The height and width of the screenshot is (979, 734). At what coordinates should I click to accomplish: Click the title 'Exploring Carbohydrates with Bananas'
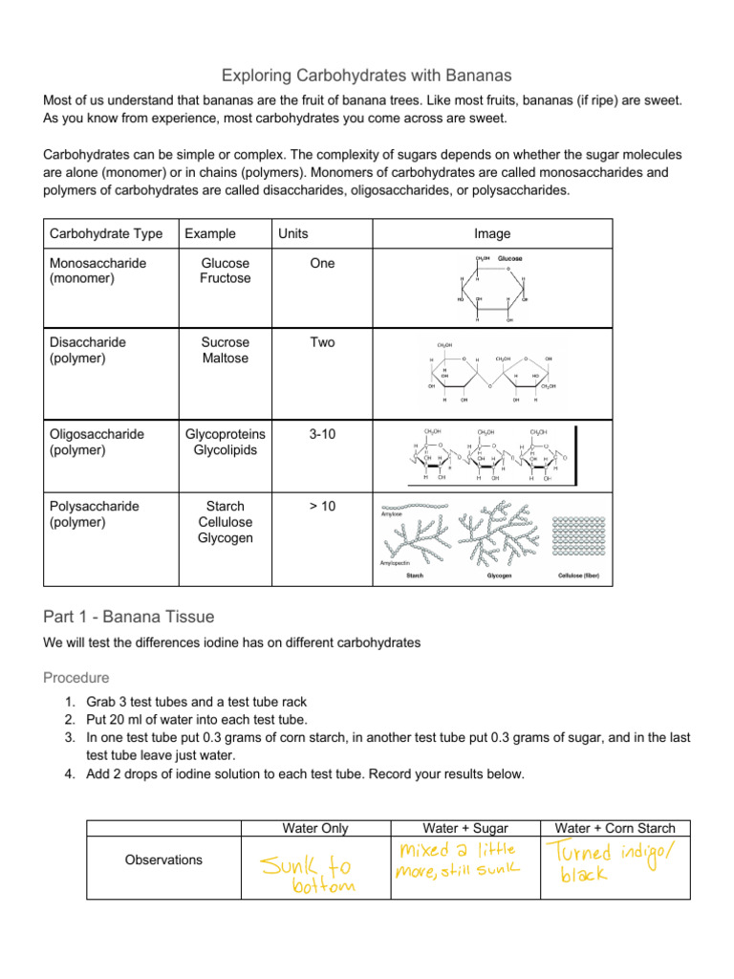pos(366,75)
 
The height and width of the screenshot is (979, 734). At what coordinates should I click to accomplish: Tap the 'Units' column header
pos(292,233)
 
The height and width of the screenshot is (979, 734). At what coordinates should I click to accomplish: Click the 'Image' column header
pos(492,233)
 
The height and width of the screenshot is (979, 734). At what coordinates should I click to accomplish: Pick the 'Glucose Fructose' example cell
pos(226,271)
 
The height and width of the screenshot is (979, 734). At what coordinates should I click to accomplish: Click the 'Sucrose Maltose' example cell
pos(226,350)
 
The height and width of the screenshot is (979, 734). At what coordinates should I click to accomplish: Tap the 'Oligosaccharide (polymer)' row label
pos(97,442)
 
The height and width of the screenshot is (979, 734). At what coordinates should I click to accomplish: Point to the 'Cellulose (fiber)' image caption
pos(579,577)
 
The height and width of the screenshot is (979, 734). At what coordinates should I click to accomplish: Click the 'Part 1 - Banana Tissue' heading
pos(129,616)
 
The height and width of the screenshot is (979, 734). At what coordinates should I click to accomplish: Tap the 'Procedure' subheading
pos(76,677)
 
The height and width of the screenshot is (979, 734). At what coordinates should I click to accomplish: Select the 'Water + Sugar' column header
pos(464,828)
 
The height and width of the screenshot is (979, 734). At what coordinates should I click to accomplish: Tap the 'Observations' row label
pos(163,859)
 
